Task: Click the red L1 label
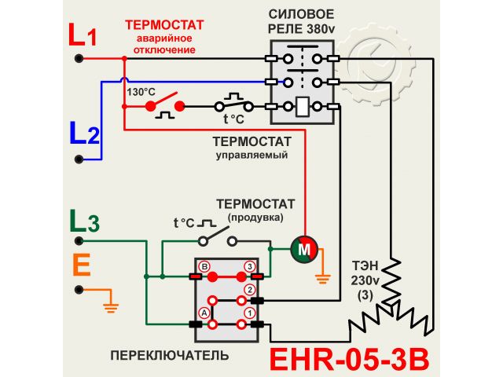tap(82, 36)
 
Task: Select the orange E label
tap(81, 265)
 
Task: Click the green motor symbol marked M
tap(303, 249)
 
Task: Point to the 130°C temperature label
tap(141, 91)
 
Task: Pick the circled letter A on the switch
tap(204, 313)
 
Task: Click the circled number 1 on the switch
tap(250, 313)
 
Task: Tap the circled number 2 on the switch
tap(250, 290)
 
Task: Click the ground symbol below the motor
tap(321, 276)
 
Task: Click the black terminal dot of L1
tap(79, 58)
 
